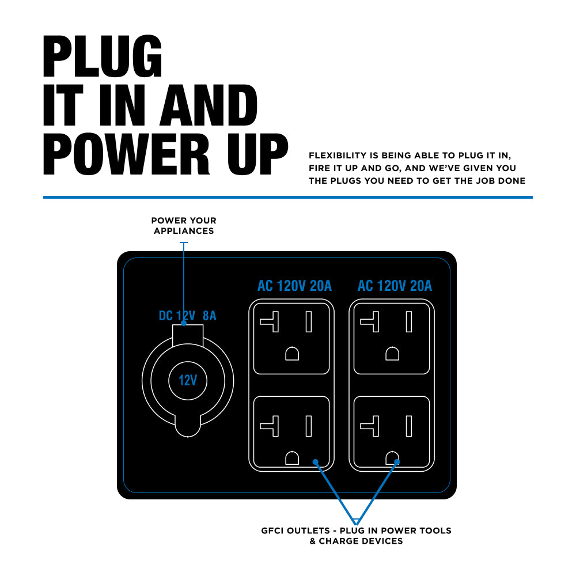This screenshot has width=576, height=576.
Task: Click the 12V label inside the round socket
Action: click(188, 381)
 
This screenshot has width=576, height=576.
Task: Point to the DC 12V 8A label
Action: click(187, 316)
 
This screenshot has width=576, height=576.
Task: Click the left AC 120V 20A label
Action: click(294, 286)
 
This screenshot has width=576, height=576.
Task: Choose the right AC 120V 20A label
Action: click(395, 286)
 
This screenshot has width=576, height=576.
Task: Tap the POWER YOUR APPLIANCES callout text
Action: click(184, 225)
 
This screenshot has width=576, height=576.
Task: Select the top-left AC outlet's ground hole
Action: click(292, 353)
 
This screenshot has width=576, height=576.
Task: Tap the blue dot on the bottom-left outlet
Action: click(315, 461)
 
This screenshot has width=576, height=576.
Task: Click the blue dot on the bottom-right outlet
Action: click(397, 461)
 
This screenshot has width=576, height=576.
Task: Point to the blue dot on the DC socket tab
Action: click(184, 324)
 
